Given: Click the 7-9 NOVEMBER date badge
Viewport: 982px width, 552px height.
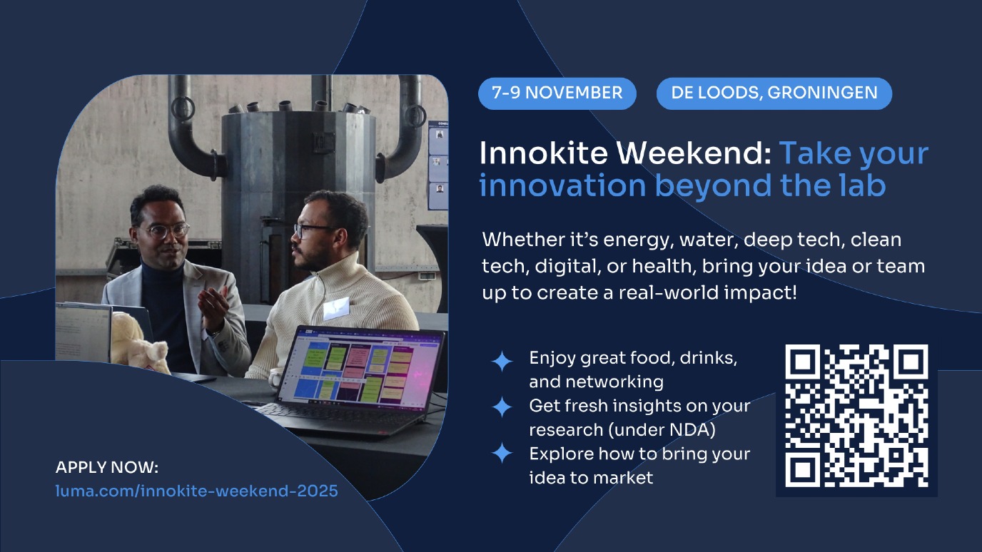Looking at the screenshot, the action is [557, 93].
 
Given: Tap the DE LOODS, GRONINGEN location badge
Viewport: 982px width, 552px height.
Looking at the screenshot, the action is [774, 93].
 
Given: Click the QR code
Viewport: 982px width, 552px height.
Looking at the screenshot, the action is [856, 416].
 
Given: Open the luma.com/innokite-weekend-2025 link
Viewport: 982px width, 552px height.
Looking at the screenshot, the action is [197, 491].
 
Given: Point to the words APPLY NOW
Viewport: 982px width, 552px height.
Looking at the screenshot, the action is [106, 467].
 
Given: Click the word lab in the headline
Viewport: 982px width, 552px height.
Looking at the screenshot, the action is [861, 185].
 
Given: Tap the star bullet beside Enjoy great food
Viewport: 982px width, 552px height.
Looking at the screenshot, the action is [502, 362].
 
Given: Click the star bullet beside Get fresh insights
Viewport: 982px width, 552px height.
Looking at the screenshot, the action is [502, 407].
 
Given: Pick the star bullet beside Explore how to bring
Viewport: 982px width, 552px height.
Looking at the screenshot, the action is [502, 453].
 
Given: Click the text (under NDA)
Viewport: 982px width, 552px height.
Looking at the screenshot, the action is [662, 430].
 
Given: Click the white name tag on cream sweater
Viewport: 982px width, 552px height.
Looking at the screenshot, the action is [336, 308].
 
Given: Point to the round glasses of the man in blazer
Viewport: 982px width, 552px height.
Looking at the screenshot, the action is [168, 230].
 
